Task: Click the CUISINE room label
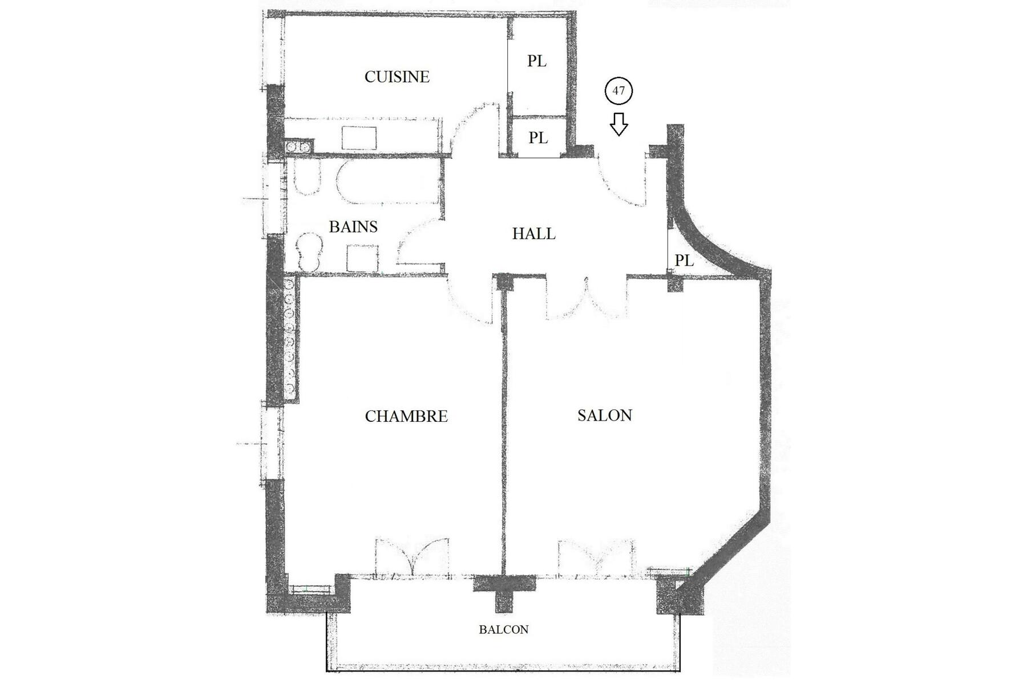point(397,77)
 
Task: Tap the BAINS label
point(353,227)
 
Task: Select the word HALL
point(533,234)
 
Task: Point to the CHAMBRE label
point(406,416)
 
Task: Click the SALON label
point(605,415)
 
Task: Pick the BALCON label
point(503,629)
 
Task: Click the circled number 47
point(618,91)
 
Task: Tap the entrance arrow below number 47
point(618,124)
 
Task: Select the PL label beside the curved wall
point(684,260)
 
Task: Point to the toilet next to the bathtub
point(307,178)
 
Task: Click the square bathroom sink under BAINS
point(362,258)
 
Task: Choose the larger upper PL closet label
point(536,61)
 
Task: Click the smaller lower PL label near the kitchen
point(537,138)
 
